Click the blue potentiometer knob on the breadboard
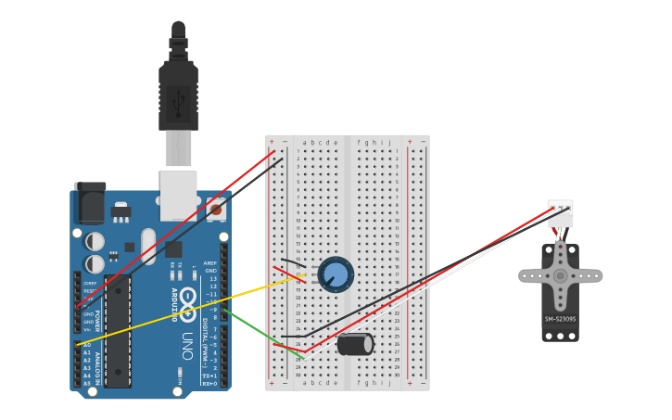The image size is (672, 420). [336, 274]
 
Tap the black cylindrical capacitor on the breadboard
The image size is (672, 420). [354, 344]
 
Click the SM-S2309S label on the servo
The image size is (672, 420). [560, 319]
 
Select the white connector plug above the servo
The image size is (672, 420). [560, 212]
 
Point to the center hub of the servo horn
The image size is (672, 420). [560, 275]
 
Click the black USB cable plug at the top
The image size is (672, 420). [178, 93]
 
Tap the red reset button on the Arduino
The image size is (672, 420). [216, 210]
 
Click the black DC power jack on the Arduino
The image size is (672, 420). [90, 203]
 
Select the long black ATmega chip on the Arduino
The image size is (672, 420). [118, 330]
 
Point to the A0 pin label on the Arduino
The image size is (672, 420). [87, 344]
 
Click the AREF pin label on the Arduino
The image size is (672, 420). [209, 263]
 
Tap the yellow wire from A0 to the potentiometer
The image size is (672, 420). [185, 311]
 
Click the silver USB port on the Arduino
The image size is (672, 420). [178, 194]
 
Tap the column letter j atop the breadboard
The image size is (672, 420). [389, 143]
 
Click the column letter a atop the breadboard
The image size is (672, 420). [304, 143]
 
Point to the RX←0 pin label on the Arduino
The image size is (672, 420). [209, 382]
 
